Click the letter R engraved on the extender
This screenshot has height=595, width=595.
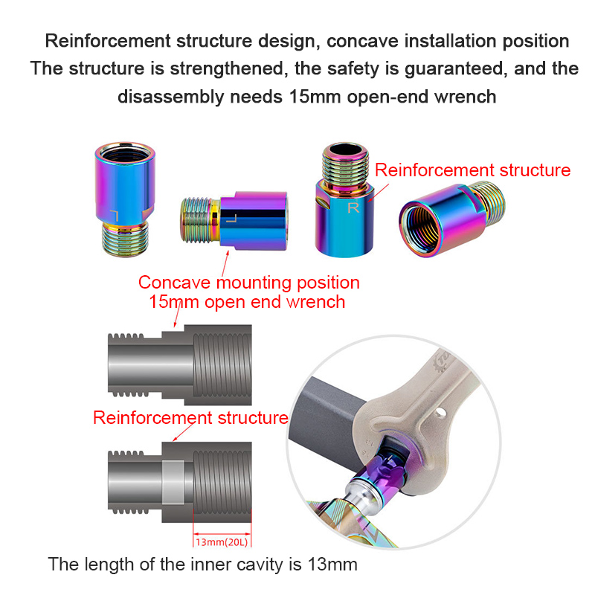coord(353,208)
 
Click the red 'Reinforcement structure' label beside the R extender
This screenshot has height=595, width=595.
coord(472,170)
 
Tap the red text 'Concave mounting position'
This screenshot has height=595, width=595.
coord(249,283)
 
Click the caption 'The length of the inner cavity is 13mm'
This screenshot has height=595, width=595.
coord(203,564)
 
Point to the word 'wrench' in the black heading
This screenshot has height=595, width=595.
coord(466,96)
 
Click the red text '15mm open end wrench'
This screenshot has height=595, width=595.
coord(248,301)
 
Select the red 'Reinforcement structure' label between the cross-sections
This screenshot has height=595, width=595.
coord(190,417)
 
